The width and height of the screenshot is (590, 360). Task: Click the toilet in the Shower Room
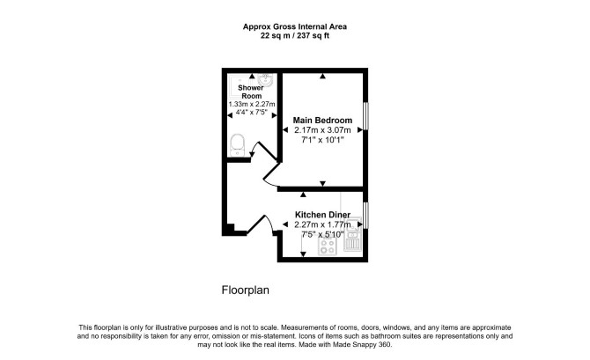238,145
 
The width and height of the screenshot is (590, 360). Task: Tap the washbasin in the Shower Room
266,79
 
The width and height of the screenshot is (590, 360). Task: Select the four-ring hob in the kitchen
327,246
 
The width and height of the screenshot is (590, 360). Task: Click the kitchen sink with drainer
352,234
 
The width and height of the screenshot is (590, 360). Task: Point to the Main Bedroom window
365,116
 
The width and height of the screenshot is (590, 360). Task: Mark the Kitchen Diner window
365,215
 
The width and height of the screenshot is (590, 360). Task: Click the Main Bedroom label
322,121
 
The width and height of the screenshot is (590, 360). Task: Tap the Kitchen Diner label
322,215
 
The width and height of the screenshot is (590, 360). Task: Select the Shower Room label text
251,92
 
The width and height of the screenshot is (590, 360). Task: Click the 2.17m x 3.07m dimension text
322,130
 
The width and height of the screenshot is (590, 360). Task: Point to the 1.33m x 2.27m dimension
252,104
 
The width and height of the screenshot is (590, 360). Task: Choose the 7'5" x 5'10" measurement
322,235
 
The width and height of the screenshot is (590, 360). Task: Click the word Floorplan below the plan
246,290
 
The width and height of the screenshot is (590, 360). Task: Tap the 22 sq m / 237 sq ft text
295,36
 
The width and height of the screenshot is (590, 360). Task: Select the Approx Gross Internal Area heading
295,26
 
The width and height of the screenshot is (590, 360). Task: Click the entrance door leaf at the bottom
256,224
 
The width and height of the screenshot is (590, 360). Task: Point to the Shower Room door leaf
268,151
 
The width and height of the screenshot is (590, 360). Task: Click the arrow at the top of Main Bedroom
322,77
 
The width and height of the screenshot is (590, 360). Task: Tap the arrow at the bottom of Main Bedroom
322,183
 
